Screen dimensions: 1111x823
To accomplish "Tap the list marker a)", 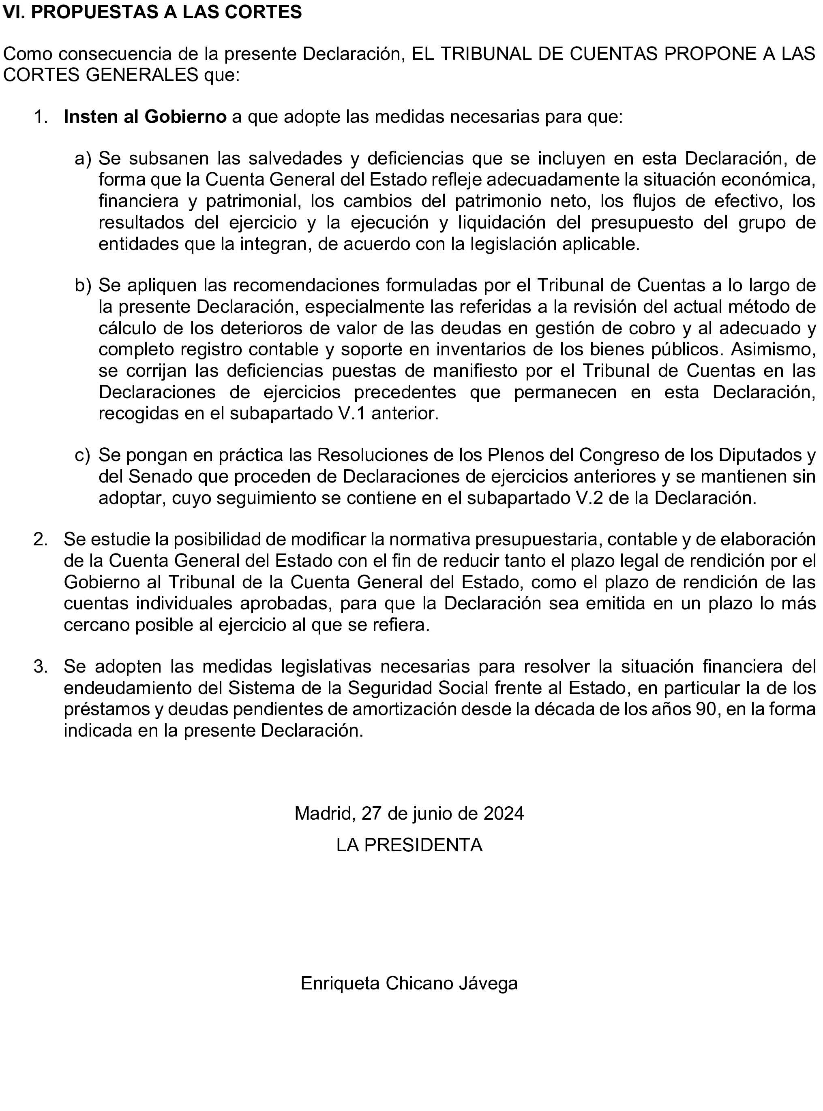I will point(83,158).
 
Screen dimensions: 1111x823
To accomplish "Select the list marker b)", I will point(83,285).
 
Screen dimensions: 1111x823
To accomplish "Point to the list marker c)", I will point(82,455).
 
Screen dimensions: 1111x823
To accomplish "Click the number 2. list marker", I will point(41,539).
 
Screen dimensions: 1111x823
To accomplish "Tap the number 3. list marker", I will point(41,666).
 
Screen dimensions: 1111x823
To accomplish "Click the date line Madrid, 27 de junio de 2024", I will point(409,813).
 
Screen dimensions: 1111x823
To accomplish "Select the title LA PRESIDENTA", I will point(409,845).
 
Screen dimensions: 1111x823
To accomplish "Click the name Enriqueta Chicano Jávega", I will point(409,983).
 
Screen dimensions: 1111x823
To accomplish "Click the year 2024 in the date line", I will point(504,813).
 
